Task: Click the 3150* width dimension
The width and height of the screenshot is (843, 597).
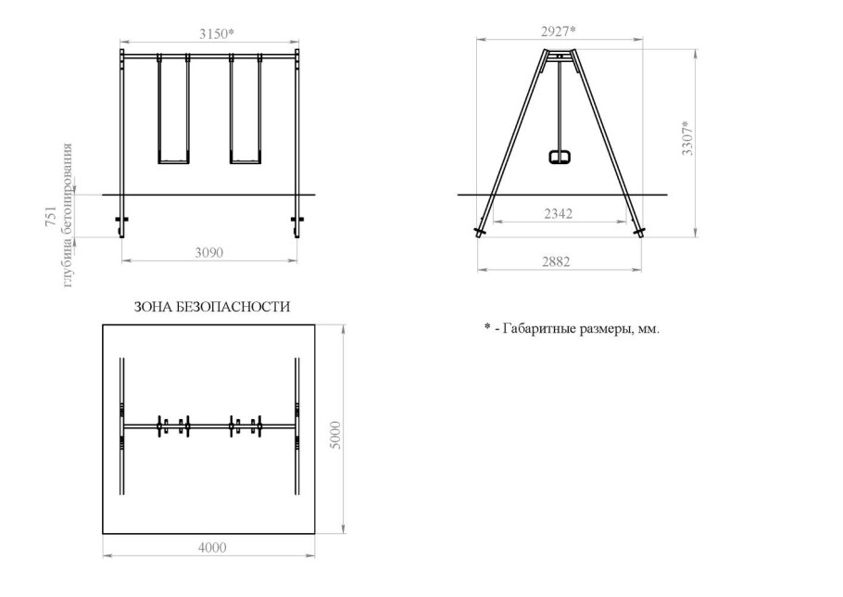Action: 217,34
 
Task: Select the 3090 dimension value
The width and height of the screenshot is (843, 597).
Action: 208,252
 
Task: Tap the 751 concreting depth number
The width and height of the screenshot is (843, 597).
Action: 51,216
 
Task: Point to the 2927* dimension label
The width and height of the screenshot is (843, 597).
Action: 558,32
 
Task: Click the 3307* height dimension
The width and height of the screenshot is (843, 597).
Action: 687,138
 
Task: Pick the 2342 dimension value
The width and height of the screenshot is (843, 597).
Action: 558,213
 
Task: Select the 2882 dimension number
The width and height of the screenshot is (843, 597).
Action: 556,261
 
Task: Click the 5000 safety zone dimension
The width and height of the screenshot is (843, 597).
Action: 335,436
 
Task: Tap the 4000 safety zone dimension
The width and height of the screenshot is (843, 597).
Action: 212,548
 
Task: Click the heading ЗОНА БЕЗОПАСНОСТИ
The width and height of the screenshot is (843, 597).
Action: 212,307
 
